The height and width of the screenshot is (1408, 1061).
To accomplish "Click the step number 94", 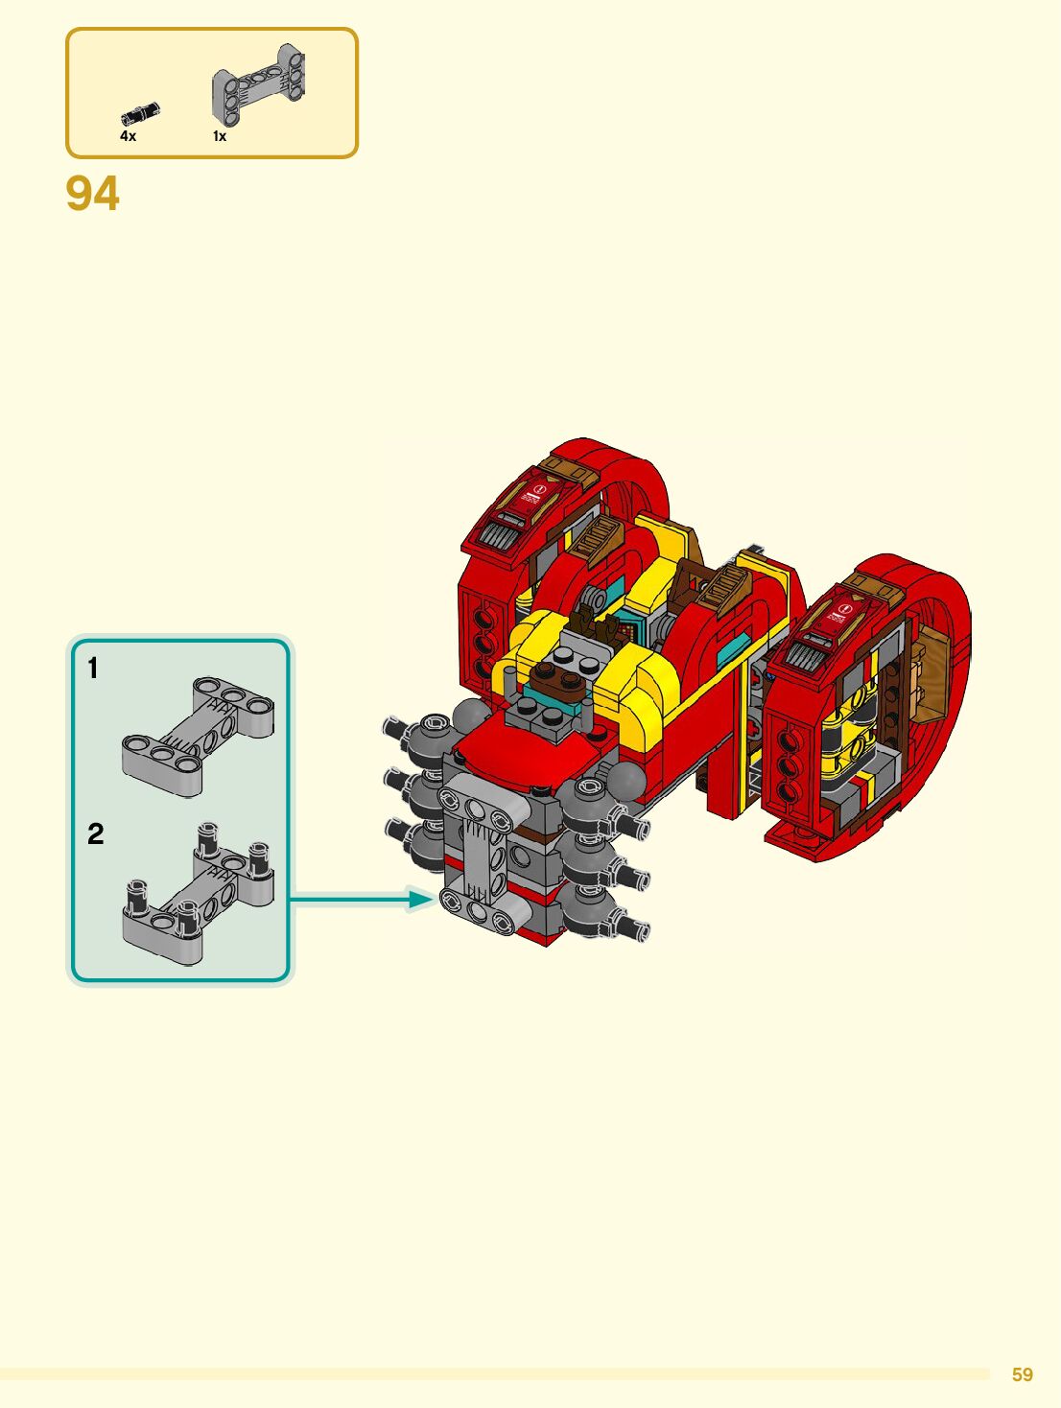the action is (92, 194).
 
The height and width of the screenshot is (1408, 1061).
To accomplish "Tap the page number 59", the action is (1023, 1374).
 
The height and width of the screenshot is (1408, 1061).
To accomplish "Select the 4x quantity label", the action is (128, 136).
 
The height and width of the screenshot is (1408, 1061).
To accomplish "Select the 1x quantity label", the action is (220, 136).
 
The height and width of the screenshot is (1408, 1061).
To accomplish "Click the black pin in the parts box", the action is (140, 113).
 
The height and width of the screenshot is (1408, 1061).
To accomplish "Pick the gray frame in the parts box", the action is (258, 82).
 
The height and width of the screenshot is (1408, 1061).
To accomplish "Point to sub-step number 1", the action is (93, 668).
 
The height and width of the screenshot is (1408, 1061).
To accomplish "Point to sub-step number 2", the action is (95, 833).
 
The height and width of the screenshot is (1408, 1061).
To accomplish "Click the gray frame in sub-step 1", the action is (198, 737).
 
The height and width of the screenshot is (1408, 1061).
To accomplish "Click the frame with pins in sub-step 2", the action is (198, 895).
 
